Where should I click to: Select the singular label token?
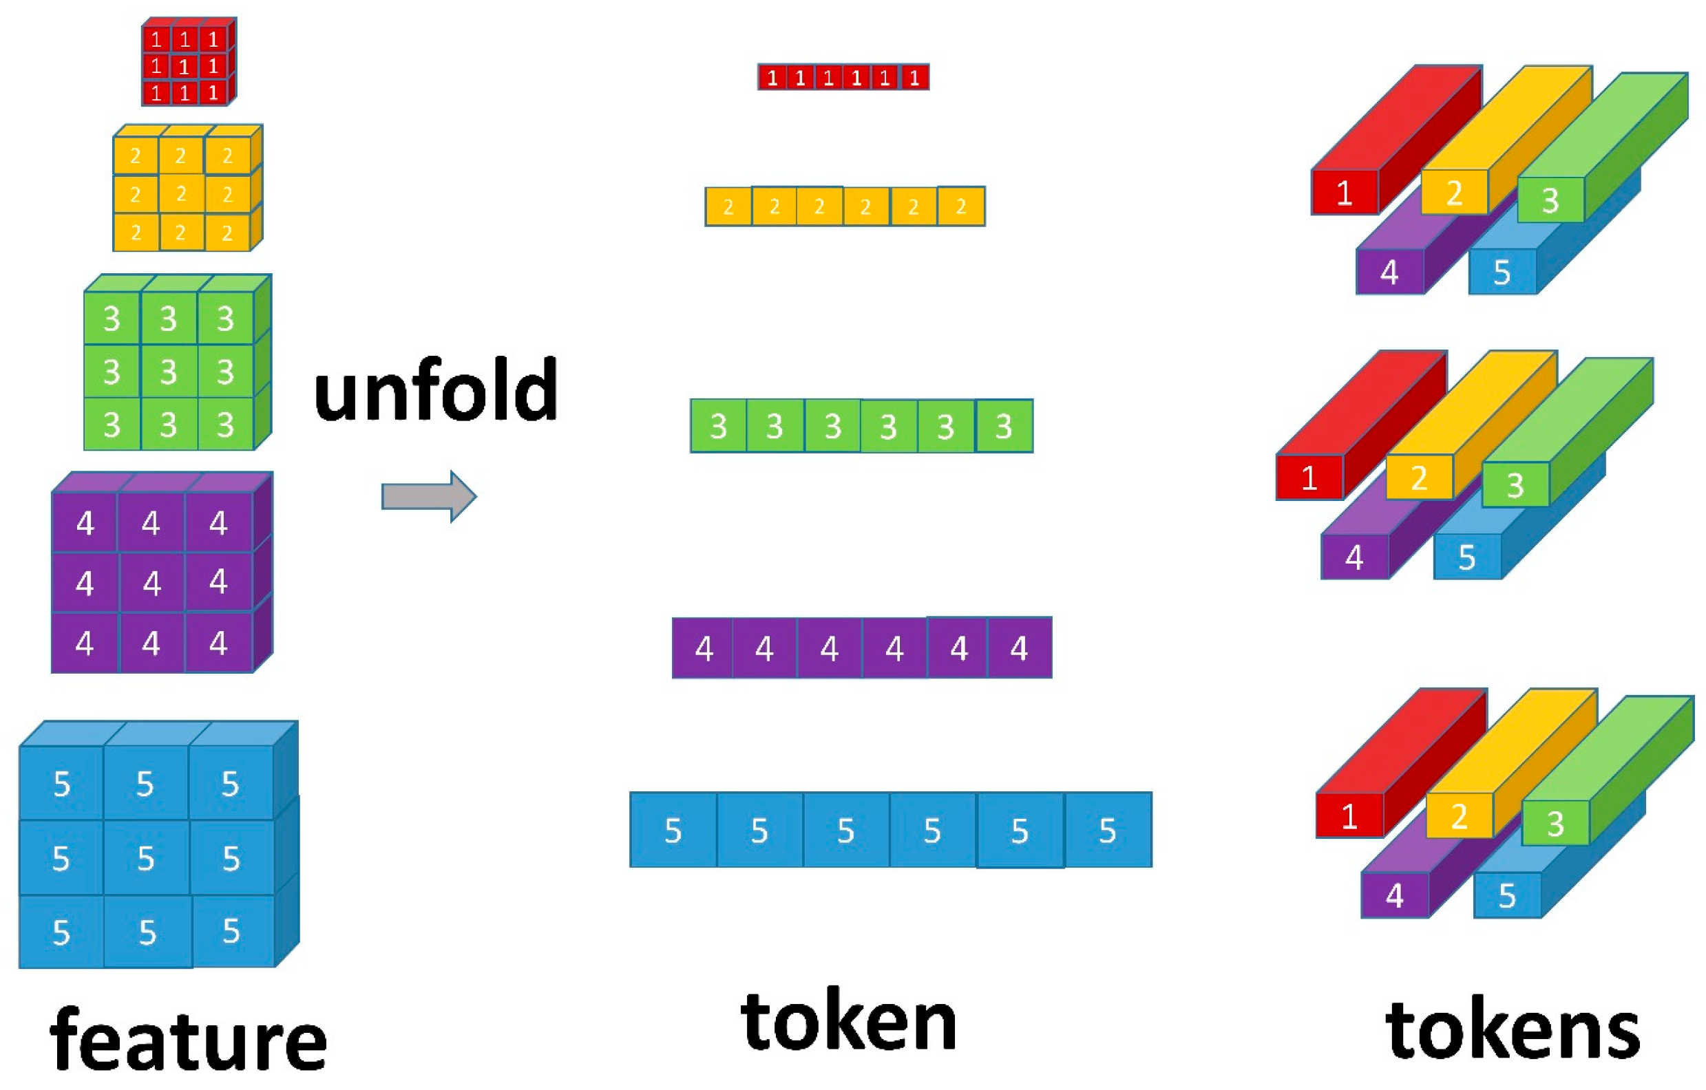[x=848, y=1021]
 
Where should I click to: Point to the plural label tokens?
[x=1512, y=1031]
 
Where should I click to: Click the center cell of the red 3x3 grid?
[x=185, y=67]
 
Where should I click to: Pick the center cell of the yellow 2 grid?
[x=181, y=193]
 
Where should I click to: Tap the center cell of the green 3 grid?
[x=169, y=371]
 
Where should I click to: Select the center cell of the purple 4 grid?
[x=151, y=583]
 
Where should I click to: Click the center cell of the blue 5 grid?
[x=146, y=857]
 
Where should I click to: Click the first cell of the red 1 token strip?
[x=772, y=77]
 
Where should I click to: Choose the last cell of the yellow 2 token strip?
[x=960, y=207]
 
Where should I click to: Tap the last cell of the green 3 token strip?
[x=1004, y=427]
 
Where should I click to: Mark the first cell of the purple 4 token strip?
[x=703, y=648]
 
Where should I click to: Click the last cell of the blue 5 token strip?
[x=1107, y=830]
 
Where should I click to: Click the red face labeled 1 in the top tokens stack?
[x=1344, y=193]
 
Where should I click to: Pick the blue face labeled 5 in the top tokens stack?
[x=1502, y=272]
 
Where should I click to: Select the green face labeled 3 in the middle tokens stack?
[x=1515, y=485]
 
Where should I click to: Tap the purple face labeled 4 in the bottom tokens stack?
[x=1394, y=895]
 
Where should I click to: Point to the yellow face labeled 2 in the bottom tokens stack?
[x=1459, y=816]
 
